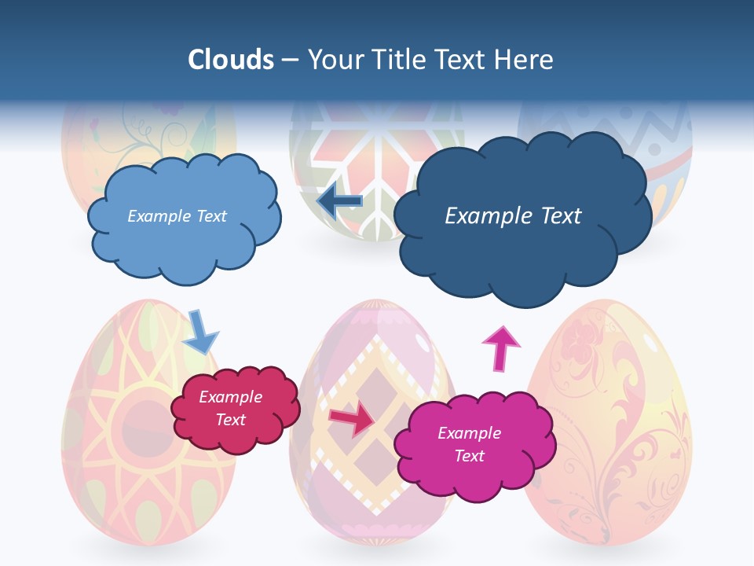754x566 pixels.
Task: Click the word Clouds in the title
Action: point(230,60)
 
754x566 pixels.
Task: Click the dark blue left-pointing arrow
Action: point(339,201)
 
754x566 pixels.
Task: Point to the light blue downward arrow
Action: point(200,331)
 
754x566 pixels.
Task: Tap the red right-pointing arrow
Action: point(351,419)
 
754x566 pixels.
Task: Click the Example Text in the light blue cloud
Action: point(177,216)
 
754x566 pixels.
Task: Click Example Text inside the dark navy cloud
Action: point(513,216)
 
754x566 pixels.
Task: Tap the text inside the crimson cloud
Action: point(231,408)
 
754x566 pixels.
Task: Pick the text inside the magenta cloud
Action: point(469,444)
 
